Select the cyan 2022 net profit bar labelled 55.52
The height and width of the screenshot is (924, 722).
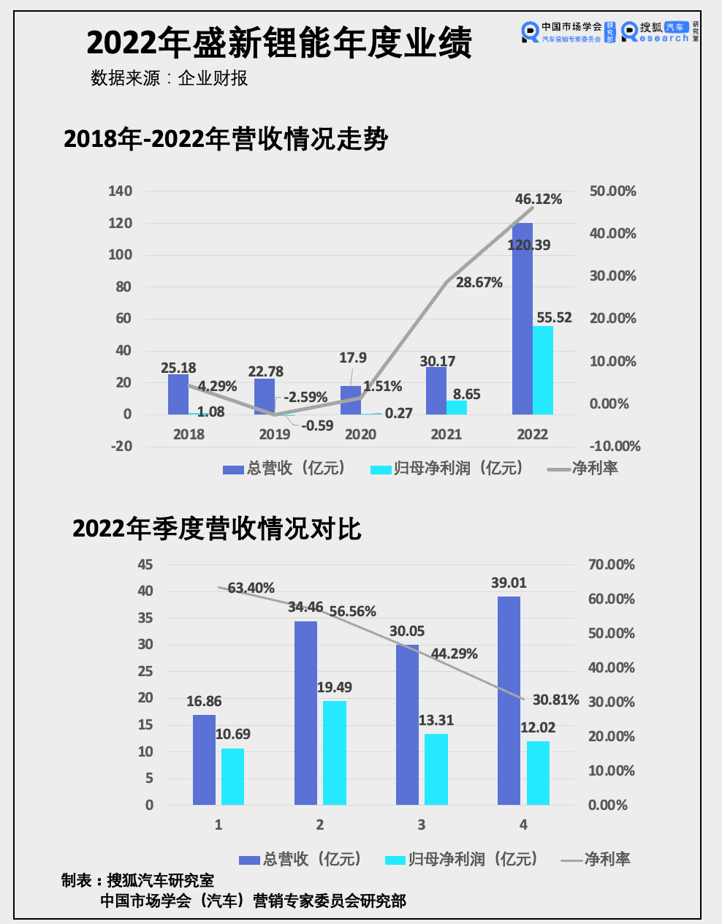pos(543,370)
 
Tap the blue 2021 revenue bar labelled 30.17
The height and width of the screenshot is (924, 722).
pos(436,390)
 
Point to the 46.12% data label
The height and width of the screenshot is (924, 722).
pos(539,199)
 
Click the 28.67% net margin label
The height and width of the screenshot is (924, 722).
pos(479,282)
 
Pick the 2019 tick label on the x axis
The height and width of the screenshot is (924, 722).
pos(275,434)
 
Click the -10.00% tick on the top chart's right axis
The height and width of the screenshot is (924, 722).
pos(615,446)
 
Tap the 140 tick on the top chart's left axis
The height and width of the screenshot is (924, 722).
pos(120,191)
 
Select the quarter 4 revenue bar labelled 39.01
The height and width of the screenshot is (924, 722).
pos(509,700)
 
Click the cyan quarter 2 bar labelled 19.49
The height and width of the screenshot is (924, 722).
pos(335,753)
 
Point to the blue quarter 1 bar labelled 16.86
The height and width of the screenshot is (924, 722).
pos(204,760)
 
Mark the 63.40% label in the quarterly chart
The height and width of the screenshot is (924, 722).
pos(251,588)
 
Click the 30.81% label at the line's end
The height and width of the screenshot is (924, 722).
pos(556,700)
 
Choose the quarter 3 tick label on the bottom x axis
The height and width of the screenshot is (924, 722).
pos(422,825)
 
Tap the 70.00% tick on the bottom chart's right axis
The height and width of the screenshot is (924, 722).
pos(612,564)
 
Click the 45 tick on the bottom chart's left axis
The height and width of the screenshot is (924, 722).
pos(145,564)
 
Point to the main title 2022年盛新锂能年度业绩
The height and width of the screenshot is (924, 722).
pos(279,43)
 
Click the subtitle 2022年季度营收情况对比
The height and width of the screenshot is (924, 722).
pos(217,529)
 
